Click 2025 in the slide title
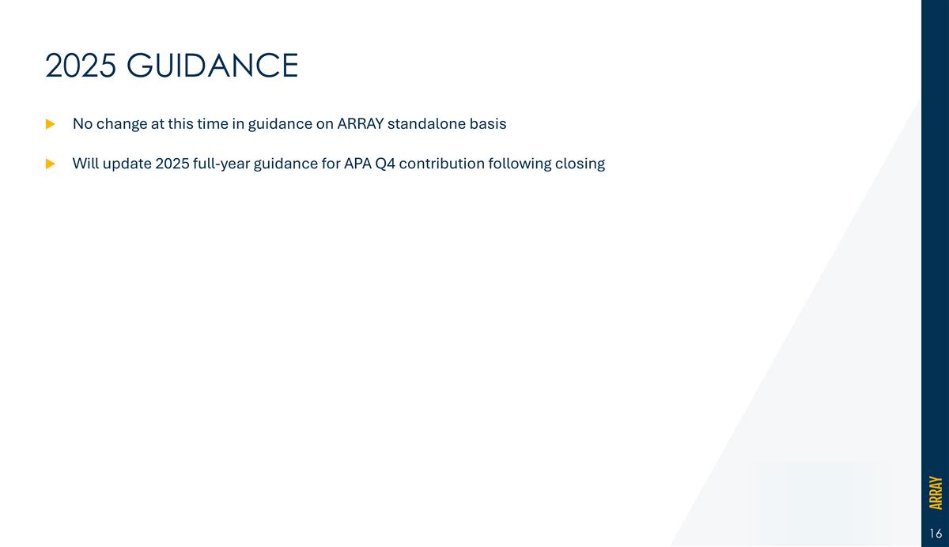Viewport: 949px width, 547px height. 80,66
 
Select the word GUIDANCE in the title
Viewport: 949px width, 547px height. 212,66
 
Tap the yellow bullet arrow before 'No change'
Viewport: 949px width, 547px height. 51,124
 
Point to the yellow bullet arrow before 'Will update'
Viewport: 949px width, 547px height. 51,164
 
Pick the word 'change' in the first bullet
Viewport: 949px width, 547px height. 121,124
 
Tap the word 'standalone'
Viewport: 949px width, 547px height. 425,124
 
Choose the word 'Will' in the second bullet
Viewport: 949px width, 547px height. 85,164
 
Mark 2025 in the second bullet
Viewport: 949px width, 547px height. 173,164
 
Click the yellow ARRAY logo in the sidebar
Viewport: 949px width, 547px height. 936,492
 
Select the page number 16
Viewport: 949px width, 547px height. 936,534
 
